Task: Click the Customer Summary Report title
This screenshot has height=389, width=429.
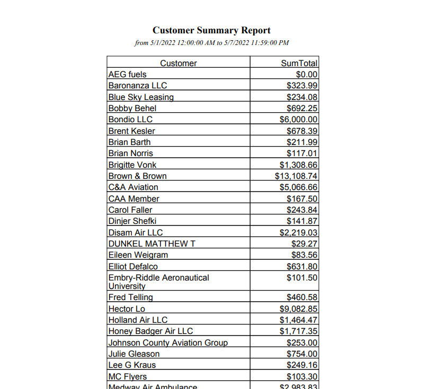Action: (211, 30)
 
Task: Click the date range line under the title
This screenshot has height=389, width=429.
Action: (211, 43)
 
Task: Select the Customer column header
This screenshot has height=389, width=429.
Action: (178, 63)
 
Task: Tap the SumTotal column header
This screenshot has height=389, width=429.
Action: (299, 63)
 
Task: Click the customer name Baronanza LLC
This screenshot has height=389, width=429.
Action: (137, 85)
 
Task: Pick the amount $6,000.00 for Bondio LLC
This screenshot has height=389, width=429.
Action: (299, 119)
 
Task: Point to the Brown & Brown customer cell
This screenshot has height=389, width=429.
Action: (137, 176)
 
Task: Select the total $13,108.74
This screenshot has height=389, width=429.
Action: (296, 176)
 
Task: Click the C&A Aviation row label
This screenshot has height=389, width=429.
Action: (133, 187)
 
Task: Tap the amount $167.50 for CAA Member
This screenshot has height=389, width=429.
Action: (302, 198)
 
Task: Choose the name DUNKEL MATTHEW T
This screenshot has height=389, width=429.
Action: (148, 243)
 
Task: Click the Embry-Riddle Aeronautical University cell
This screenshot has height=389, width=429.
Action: (158, 282)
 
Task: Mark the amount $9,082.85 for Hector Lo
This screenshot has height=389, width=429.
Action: (299, 309)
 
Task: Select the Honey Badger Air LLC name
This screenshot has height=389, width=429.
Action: (150, 331)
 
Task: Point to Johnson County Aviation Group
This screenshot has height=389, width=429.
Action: (168, 342)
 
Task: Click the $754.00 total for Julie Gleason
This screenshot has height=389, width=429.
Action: (302, 354)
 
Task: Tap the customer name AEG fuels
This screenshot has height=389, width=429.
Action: (127, 75)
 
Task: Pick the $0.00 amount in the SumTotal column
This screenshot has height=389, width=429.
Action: (307, 75)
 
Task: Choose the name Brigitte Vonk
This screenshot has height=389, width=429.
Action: (132, 165)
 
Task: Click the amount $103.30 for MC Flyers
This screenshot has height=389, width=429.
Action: (302, 376)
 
